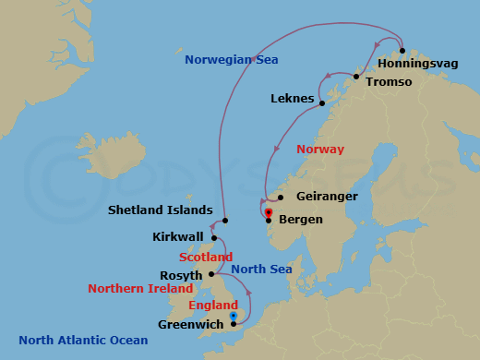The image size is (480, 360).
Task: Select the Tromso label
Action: pyautogui.click(x=388, y=82)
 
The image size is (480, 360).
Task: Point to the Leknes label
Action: pyautogui.click(x=293, y=98)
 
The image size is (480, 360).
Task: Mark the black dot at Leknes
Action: pyautogui.click(x=322, y=98)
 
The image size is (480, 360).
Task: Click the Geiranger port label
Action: pyautogui.click(x=327, y=197)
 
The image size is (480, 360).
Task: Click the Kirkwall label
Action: pyautogui.click(x=177, y=237)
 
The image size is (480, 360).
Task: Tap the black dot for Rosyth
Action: pyautogui.click(x=212, y=274)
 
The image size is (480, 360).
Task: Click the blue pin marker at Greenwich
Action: pyautogui.click(x=234, y=317)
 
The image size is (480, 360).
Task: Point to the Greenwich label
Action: pyautogui.click(x=190, y=324)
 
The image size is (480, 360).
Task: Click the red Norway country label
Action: pyautogui.click(x=319, y=150)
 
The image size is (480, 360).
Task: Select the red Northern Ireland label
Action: pyautogui.click(x=135, y=288)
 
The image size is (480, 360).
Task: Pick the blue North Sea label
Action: pyautogui.click(x=261, y=270)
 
